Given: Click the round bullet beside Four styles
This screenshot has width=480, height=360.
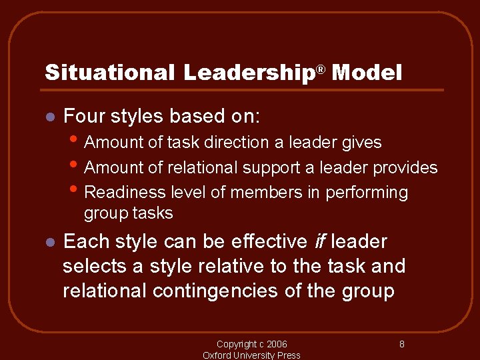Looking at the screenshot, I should [49, 117].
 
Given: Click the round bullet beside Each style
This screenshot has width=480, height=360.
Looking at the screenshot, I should [49, 242].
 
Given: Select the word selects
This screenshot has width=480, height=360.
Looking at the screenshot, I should [93, 267].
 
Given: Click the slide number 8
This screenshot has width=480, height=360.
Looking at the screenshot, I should [402, 345].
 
